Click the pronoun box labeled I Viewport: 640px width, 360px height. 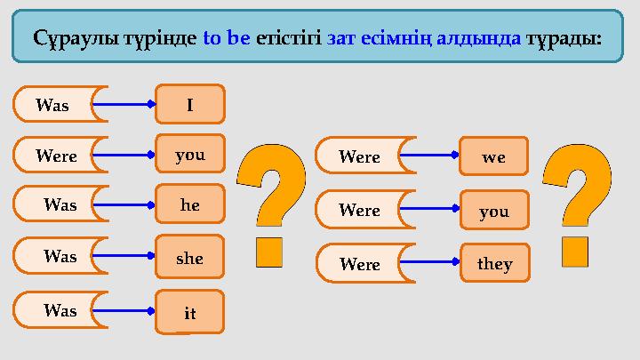point(190,104)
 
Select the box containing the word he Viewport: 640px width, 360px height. point(190,205)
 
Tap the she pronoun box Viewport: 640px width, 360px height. point(190,258)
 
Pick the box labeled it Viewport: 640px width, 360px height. point(190,312)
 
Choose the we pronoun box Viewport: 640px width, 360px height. point(493,156)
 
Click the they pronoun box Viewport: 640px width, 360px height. point(494,264)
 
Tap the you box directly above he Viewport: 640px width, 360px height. point(190,155)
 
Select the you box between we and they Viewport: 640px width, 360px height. point(494,211)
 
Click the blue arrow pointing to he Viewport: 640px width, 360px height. point(124,205)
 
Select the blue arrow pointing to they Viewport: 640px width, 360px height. point(430,262)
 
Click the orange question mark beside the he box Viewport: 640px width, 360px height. point(270,205)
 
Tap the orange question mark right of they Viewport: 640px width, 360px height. point(578,205)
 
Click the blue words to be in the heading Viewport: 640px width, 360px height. point(227,39)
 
